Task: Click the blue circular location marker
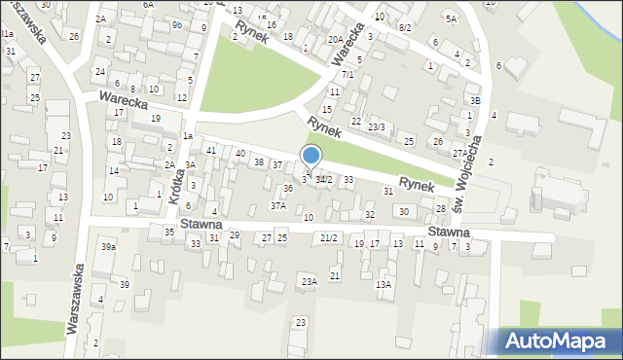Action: coord(311,156)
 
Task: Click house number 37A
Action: coord(278,205)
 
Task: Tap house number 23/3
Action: coord(376,127)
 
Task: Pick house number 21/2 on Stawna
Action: coord(329,238)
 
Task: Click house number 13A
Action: coord(384,284)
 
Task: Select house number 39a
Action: coord(108,248)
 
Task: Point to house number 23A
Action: coord(309,282)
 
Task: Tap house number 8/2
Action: coord(405,28)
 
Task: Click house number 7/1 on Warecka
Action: coord(347,74)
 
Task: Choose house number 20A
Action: coord(334,39)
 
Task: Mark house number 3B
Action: coord(475,100)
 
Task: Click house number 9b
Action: coord(176,25)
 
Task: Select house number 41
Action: coord(210,150)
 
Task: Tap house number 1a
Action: coord(187,136)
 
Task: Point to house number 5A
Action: coord(450,18)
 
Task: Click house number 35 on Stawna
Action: coord(168,232)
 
